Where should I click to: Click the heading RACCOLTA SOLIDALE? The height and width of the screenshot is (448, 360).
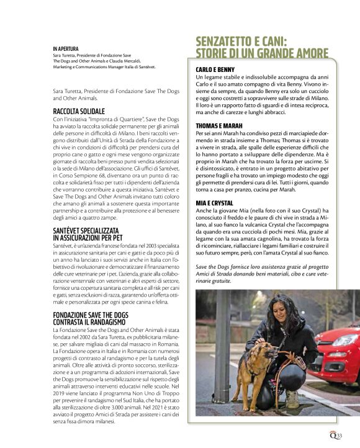pos(79,111)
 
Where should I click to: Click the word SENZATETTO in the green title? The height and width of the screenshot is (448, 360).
pos(234,42)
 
